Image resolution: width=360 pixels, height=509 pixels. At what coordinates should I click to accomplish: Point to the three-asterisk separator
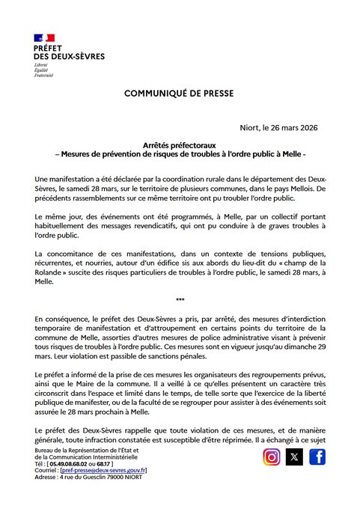(x=180, y=300)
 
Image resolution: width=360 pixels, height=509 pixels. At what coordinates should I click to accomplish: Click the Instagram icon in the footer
(x=272, y=457)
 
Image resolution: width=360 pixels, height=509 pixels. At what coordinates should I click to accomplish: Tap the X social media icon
(x=295, y=457)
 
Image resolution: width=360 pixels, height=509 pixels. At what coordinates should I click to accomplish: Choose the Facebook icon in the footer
(x=317, y=457)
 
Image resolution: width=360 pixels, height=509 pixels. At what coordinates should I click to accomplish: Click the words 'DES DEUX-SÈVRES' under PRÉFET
(x=69, y=57)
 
